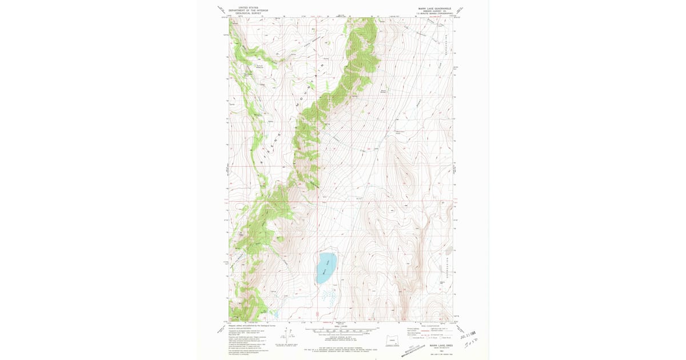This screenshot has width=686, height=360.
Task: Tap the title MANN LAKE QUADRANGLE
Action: [x=434, y=9]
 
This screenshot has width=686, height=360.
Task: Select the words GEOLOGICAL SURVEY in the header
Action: [x=248, y=13]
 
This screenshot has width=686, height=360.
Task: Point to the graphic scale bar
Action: [x=341, y=331]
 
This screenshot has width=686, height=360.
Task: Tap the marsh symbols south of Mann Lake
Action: [x=327, y=295]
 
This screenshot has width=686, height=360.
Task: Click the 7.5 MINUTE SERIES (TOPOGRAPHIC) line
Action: [x=434, y=13]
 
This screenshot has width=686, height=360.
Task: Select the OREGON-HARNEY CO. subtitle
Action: [x=434, y=11]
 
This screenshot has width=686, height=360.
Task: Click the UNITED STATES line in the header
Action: [x=248, y=8]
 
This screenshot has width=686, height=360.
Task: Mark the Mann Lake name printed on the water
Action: [x=326, y=267]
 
